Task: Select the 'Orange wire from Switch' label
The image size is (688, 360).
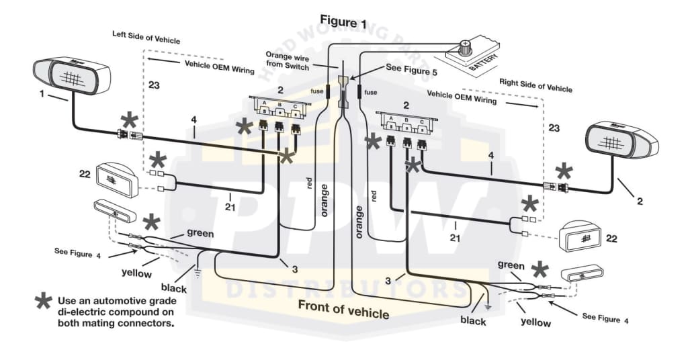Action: click(x=288, y=61)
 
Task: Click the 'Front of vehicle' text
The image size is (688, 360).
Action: click(x=343, y=310)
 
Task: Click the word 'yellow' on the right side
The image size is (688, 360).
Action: click(x=535, y=322)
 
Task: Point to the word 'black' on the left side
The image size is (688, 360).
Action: click(x=173, y=288)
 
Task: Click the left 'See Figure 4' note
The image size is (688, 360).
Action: click(x=77, y=251)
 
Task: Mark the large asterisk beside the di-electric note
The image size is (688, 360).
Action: click(x=43, y=301)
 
